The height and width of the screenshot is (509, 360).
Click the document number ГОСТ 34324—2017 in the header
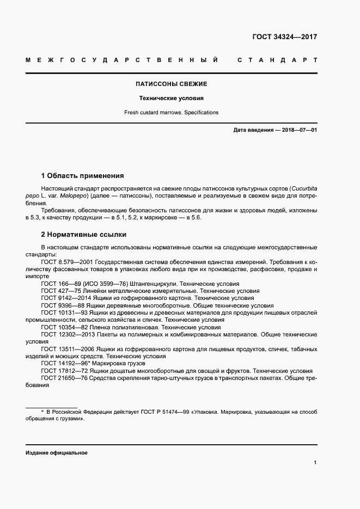coord(284,38)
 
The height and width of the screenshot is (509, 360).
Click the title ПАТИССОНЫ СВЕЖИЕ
coord(171,84)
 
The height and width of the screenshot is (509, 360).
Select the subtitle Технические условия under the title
coord(171,99)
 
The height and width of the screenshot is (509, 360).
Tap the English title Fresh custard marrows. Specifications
coord(171,113)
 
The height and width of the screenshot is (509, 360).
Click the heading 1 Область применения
coord(83,176)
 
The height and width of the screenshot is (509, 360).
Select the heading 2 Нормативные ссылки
coord(84,235)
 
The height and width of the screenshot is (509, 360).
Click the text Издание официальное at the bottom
coord(56,453)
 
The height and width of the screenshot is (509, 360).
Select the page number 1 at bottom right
coord(315,463)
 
